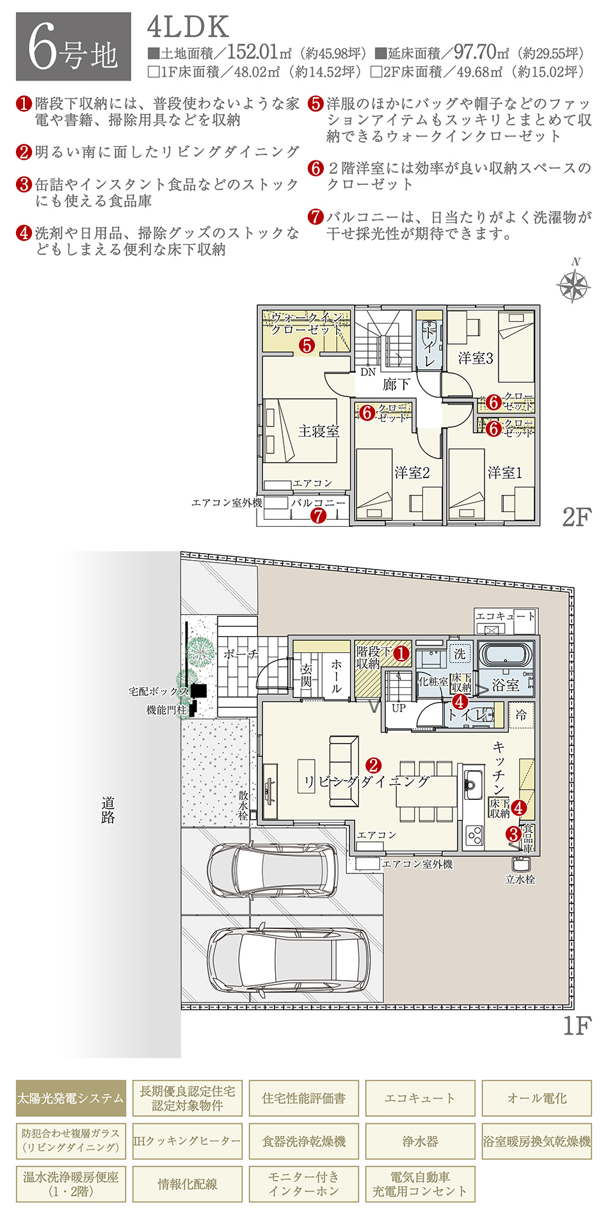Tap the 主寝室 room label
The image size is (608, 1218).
[x=318, y=431]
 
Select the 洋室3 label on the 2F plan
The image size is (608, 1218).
[x=476, y=358]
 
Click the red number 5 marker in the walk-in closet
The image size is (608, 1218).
[x=307, y=345]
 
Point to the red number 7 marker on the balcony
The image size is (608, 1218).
[x=318, y=516]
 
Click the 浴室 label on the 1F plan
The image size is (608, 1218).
[x=505, y=685]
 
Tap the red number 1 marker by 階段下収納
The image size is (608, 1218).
[x=401, y=653]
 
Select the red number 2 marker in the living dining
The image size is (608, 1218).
[x=373, y=765]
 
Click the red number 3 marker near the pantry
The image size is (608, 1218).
[x=513, y=834]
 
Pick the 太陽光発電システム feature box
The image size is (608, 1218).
[x=70, y=1098]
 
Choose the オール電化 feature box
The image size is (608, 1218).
[x=536, y=1098]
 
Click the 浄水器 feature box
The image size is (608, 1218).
[x=420, y=1141]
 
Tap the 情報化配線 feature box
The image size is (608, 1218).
[x=187, y=1184]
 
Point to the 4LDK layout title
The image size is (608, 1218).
[x=188, y=27]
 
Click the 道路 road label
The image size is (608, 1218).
[x=108, y=809]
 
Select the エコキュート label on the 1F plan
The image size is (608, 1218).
[x=505, y=616]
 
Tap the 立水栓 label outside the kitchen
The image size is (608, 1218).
[x=520, y=880]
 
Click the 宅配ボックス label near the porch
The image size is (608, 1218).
[x=159, y=691]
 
